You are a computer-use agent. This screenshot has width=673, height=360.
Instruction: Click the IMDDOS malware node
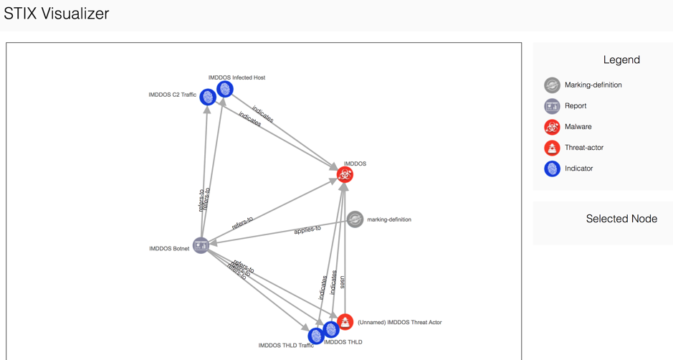(345, 174)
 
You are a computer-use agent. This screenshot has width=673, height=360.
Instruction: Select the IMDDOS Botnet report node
(201, 245)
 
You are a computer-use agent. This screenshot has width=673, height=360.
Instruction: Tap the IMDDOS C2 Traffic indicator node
(208, 96)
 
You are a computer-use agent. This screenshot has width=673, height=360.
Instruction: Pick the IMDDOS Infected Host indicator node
(225, 89)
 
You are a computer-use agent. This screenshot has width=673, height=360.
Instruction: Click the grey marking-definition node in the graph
(355, 219)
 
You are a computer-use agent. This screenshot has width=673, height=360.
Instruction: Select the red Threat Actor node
(345, 321)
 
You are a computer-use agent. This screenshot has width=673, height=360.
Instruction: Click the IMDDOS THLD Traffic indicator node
(315, 336)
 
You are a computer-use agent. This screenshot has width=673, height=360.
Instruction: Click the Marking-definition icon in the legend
(552, 85)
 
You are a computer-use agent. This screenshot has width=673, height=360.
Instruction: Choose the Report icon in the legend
(552, 106)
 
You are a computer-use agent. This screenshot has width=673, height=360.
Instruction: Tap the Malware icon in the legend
(552, 127)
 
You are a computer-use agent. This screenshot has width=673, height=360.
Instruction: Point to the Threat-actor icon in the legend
(552, 148)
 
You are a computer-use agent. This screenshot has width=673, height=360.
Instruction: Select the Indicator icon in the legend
(552, 169)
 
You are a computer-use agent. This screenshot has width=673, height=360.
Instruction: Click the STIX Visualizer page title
(57, 14)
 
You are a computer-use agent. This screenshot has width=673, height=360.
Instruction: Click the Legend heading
(621, 60)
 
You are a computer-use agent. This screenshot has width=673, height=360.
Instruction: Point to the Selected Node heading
(621, 219)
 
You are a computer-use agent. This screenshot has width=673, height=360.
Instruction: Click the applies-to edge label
(307, 230)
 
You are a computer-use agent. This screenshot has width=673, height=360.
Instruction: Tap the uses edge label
(342, 282)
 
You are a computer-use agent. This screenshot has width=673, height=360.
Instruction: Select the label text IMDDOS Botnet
(169, 249)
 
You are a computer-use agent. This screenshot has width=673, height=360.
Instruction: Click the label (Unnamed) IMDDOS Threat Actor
(399, 323)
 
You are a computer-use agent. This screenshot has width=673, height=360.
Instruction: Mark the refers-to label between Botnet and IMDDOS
(242, 223)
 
